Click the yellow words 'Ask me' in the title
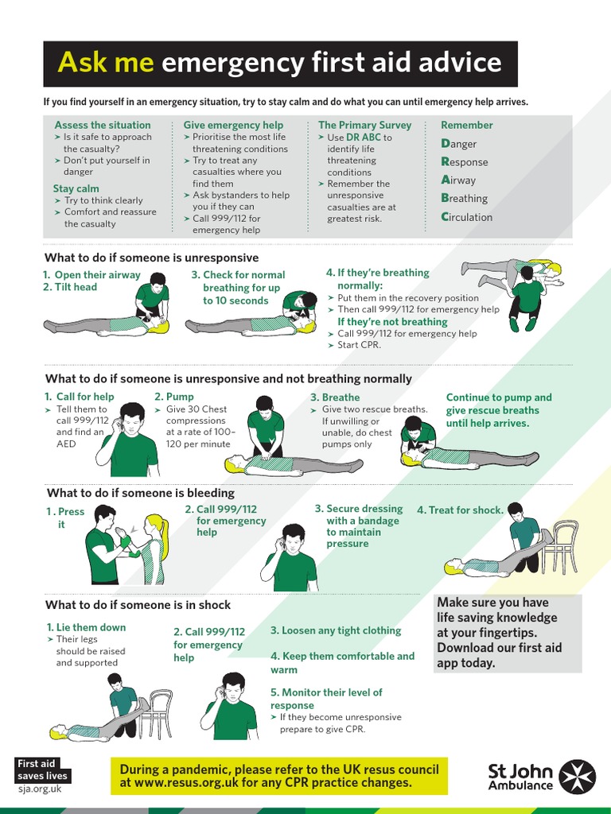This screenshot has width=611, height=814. tap(106, 63)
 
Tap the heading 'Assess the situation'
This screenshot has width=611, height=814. tap(102, 125)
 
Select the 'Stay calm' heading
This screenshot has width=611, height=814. tap(76, 188)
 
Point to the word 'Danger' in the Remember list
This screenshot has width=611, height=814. tap(459, 144)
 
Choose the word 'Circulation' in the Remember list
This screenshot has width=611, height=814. tap(467, 217)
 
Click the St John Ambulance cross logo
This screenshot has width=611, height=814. tap(578, 776)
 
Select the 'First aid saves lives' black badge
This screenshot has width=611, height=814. tap(43, 769)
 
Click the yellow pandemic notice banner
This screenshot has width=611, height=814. tap(278, 776)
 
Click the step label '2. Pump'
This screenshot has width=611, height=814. tap(174, 397)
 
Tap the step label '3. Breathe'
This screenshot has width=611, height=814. tap(335, 397)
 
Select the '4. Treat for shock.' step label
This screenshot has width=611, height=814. tap(460, 510)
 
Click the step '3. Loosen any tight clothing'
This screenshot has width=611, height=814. tap(336, 630)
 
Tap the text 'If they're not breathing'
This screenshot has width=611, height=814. tap(392, 322)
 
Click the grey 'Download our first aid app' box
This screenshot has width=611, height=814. tap(508, 633)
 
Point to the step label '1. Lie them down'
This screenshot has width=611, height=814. tap(86, 627)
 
